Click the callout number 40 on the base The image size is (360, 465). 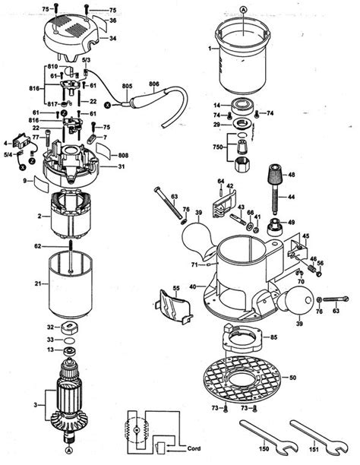click(193, 286)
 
